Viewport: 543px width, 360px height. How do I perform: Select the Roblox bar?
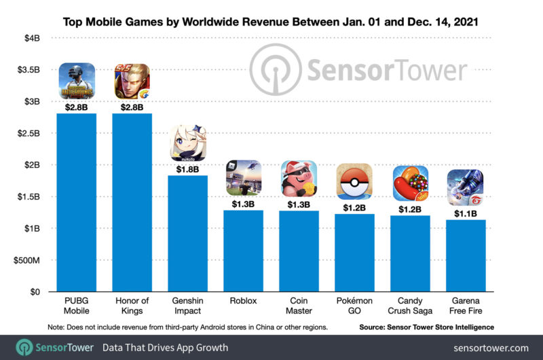[x=243, y=251]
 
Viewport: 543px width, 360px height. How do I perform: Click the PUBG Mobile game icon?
[x=76, y=80]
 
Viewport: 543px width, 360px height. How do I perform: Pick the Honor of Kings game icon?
[x=132, y=80]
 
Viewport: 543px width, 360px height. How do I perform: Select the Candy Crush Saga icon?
[x=410, y=183]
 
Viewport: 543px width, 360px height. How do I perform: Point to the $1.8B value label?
[x=187, y=168]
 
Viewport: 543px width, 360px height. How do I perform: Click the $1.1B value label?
[x=466, y=213]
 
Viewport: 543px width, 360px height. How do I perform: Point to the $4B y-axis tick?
[x=29, y=38]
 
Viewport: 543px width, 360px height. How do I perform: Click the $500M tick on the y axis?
[x=25, y=260]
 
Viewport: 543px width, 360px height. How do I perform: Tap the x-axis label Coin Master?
[x=299, y=306]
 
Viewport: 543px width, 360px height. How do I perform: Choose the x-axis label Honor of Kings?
[x=132, y=306]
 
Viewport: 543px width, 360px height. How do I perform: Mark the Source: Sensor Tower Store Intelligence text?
[x=428, y=327]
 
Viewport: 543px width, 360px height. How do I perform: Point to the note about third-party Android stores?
[x=186, y=327]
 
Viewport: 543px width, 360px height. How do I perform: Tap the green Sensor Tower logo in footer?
[x=26, y=347]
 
